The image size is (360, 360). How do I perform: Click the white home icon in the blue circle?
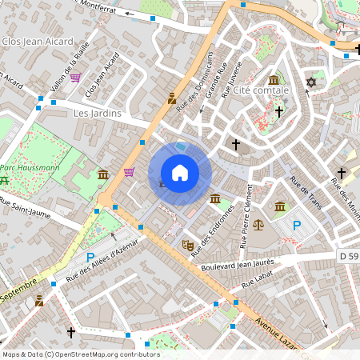point(180,173)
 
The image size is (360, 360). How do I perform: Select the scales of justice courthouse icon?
point(258,225)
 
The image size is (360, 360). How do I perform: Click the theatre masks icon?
point(189,246)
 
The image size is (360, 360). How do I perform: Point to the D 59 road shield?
point(348,255)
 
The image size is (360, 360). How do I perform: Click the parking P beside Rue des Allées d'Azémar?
point(90,257)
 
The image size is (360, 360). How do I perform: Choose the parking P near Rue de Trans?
point(297,226)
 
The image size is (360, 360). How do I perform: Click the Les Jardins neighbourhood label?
point(97,114)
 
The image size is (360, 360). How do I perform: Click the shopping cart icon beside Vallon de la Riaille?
point(75,78)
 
